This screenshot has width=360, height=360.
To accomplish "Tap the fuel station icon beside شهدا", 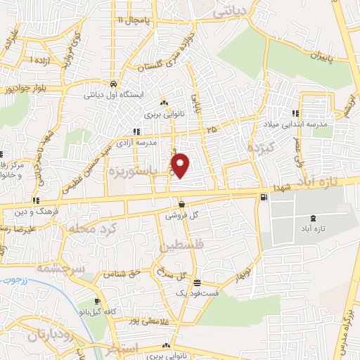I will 263,197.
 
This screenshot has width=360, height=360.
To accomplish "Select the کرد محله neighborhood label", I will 87,229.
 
